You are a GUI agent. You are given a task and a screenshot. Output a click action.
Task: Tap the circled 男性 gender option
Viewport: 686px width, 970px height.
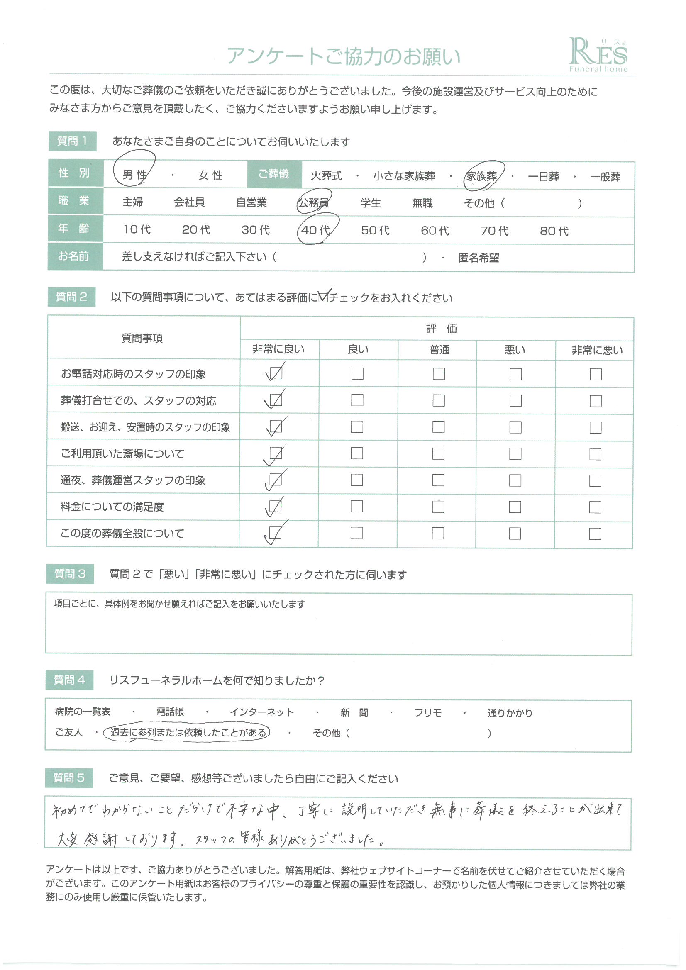tap(134, 175)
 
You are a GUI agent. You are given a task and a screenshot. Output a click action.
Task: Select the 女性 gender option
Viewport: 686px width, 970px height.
tap(210, 175)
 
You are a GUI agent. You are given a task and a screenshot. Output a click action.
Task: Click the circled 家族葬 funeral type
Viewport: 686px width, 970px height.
tap(481, 176)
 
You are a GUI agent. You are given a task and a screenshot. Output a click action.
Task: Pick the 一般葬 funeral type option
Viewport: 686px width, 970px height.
tap(605, 177)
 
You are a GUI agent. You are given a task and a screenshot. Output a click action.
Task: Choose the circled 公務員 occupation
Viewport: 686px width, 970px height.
tap(314, 203)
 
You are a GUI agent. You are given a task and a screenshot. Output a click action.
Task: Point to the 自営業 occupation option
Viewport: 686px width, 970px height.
tap(251, 202)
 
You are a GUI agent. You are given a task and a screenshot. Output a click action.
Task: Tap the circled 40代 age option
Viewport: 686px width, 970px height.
tap(316, 230)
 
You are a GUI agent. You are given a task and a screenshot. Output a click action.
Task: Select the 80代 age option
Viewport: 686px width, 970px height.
tap(554, 231)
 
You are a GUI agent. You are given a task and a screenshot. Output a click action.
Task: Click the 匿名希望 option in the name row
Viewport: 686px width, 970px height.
tap(478, 258)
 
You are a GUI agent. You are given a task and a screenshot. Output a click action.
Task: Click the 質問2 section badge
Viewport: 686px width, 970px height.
tap(71, 297)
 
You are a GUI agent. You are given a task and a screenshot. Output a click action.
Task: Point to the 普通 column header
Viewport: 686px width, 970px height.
tap(439, 350)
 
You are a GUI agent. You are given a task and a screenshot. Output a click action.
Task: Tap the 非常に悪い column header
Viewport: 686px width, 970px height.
tap(597, 350)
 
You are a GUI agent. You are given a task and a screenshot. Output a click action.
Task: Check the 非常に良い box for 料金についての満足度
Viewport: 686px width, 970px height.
tap(276, 506)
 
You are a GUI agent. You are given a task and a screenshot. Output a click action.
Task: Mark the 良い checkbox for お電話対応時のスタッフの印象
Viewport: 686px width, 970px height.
tap(357, 373)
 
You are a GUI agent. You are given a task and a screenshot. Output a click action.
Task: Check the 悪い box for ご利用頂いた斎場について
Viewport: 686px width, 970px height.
tap(515, 454)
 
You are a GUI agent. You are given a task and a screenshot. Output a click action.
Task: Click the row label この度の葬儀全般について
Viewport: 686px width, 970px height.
tap(122, 533)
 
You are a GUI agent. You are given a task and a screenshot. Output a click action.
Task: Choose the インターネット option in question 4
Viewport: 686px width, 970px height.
tap(261, 712)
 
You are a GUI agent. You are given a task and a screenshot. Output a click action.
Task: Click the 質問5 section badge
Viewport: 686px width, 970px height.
tap(69, 778)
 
